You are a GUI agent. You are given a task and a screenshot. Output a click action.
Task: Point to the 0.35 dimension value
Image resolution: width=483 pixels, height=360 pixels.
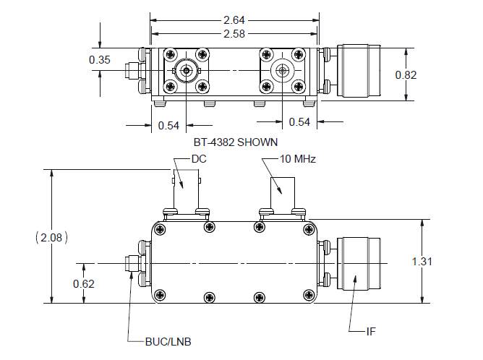(x=100, y=60)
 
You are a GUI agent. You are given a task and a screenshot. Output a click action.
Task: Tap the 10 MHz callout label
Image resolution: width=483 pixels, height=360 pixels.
(x=299, y=158)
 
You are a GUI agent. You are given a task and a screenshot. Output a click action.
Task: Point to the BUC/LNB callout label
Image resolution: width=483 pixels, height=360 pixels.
(x=166, y=340)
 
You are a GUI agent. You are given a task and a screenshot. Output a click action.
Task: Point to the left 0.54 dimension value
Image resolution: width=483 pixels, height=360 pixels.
(x=168, y=125)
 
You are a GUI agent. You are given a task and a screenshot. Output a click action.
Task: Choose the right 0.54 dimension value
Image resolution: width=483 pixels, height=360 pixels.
(x=299, y=121)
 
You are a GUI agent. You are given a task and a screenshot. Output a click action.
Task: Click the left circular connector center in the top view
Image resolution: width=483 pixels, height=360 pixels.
(x=187, y=71)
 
